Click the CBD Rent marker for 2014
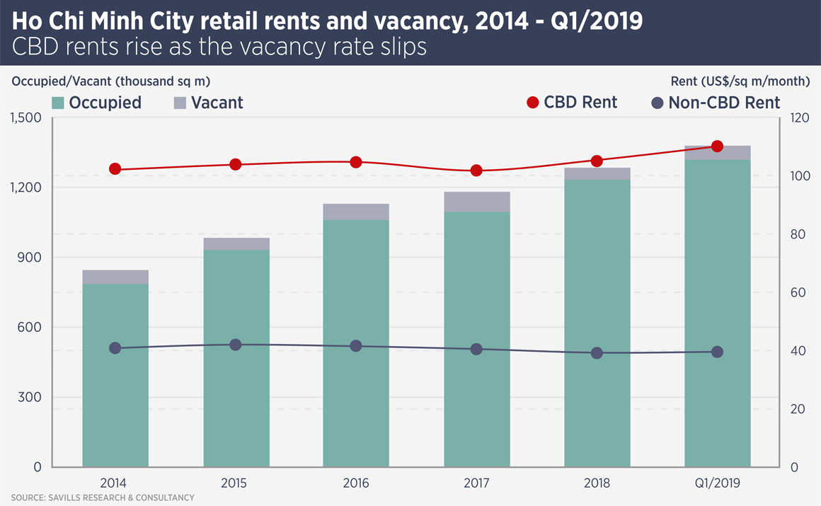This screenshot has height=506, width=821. [x=115, y=169]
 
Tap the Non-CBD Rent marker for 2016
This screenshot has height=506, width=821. [x=356, y=346]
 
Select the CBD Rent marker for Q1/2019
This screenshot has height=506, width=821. [x=717, y=146]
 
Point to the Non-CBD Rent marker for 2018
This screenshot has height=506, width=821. [x=597, y=353]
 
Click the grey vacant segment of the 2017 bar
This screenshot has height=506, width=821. [x=476, y=202]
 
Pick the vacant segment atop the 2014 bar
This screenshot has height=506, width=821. [x=115, y=277]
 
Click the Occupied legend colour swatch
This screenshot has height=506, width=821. [x=58, y=103]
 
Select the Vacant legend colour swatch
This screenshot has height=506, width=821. [x=180, y=103]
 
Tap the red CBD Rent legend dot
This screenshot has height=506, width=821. [x=533, y=103]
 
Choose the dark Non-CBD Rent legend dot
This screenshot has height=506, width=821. [x=658, y=103]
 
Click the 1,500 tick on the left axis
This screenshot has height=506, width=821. [x=26, y=117]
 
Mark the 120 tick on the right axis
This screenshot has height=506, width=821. [x=800, y=117]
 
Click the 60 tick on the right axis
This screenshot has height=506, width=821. [x=798, y=292]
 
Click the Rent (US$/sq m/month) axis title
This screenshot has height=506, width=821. [x=740, y=81]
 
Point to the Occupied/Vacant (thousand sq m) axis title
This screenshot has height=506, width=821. [x=111, y=81]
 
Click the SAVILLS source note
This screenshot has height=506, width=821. [x=102, y=498]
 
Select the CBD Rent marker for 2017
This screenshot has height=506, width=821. [x=476, y=171]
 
